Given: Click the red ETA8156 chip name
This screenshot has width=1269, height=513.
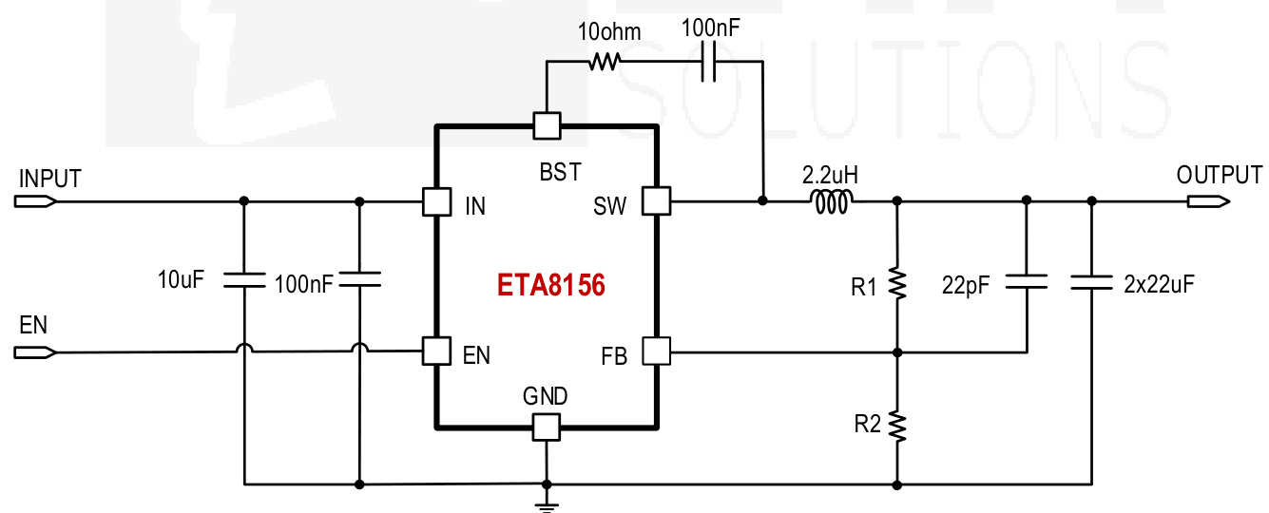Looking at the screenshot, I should (551, 285).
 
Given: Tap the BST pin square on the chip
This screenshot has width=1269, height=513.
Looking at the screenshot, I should (547, 125).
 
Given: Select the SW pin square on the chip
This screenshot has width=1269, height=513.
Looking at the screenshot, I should (656, 200).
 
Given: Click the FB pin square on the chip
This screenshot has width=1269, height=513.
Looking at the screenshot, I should (656, 351).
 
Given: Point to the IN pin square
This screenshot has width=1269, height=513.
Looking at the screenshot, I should (436, 200).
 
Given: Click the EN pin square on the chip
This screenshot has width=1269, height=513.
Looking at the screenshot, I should (436, 351).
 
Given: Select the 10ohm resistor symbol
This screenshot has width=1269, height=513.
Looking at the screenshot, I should (605, 62).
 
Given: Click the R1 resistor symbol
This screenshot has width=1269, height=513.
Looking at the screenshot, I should (897, 282).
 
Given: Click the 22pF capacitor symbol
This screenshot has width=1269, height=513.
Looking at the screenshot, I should (1027, 281).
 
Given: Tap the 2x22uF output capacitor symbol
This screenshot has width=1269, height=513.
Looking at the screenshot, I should (1091, 281).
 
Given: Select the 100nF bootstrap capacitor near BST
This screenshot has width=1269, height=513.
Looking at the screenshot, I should (707, 62).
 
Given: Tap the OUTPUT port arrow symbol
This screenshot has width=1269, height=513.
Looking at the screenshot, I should (1208, 201).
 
